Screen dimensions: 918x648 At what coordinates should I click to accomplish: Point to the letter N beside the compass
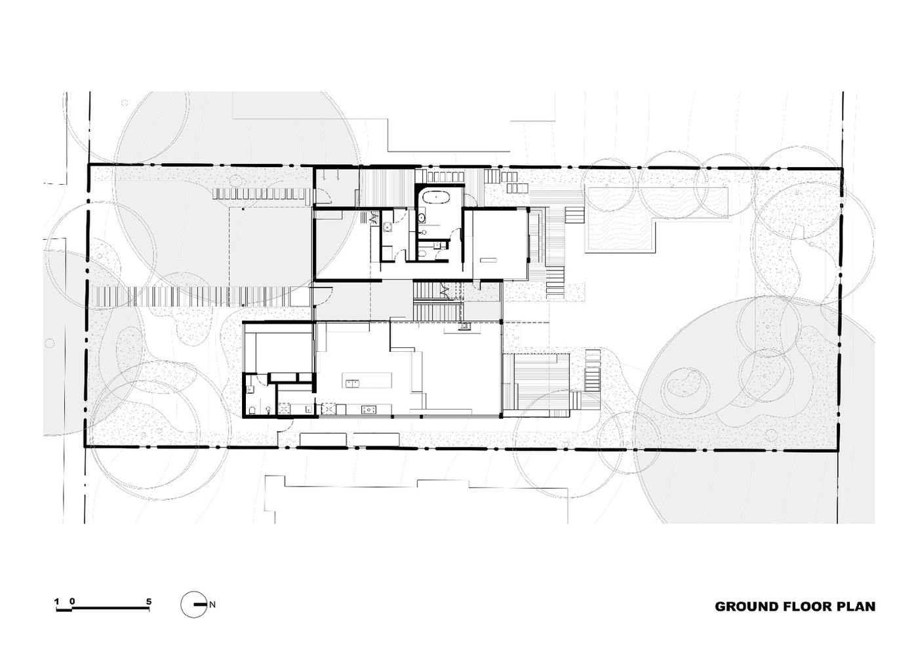pyautogui.click(x=212, y=605)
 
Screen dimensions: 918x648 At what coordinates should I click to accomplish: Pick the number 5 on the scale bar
pyautogui.click(x=149, y=601)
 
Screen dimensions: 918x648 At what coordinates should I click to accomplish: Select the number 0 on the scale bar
pyautogui.click(x=72, y=601)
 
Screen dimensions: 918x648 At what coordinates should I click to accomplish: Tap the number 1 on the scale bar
pyautogui.click(x=56, y=601)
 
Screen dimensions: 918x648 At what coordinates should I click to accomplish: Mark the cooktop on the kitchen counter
pyautogui.click(x=369, y=408)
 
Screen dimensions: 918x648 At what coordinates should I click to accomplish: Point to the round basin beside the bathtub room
pyautogui.click(x=421, y=218)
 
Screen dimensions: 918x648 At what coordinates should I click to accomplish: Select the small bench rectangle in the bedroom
pyautogui.click(x=489, y=259)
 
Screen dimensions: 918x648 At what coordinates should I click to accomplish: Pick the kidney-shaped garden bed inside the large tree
pyautogui.click(x=683, y=383)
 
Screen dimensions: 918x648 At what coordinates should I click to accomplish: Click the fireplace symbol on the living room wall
pyautogui.click(x=465, y=326)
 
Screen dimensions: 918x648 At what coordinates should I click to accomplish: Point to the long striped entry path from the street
pyautogui.click(x=193, y=297)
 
